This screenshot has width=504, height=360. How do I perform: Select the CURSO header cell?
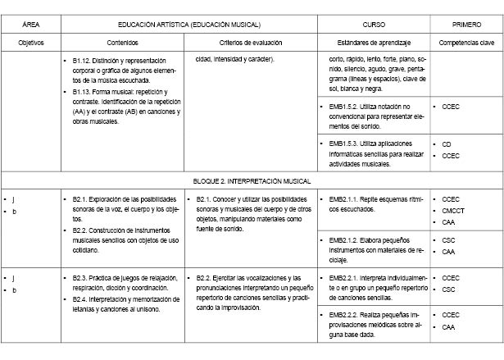374,25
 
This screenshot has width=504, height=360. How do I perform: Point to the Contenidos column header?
122,41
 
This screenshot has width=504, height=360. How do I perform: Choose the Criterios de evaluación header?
252,41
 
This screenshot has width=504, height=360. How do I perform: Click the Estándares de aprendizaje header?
374,41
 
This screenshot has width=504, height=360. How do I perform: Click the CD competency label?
447,144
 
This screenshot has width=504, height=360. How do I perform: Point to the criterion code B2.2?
205,277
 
